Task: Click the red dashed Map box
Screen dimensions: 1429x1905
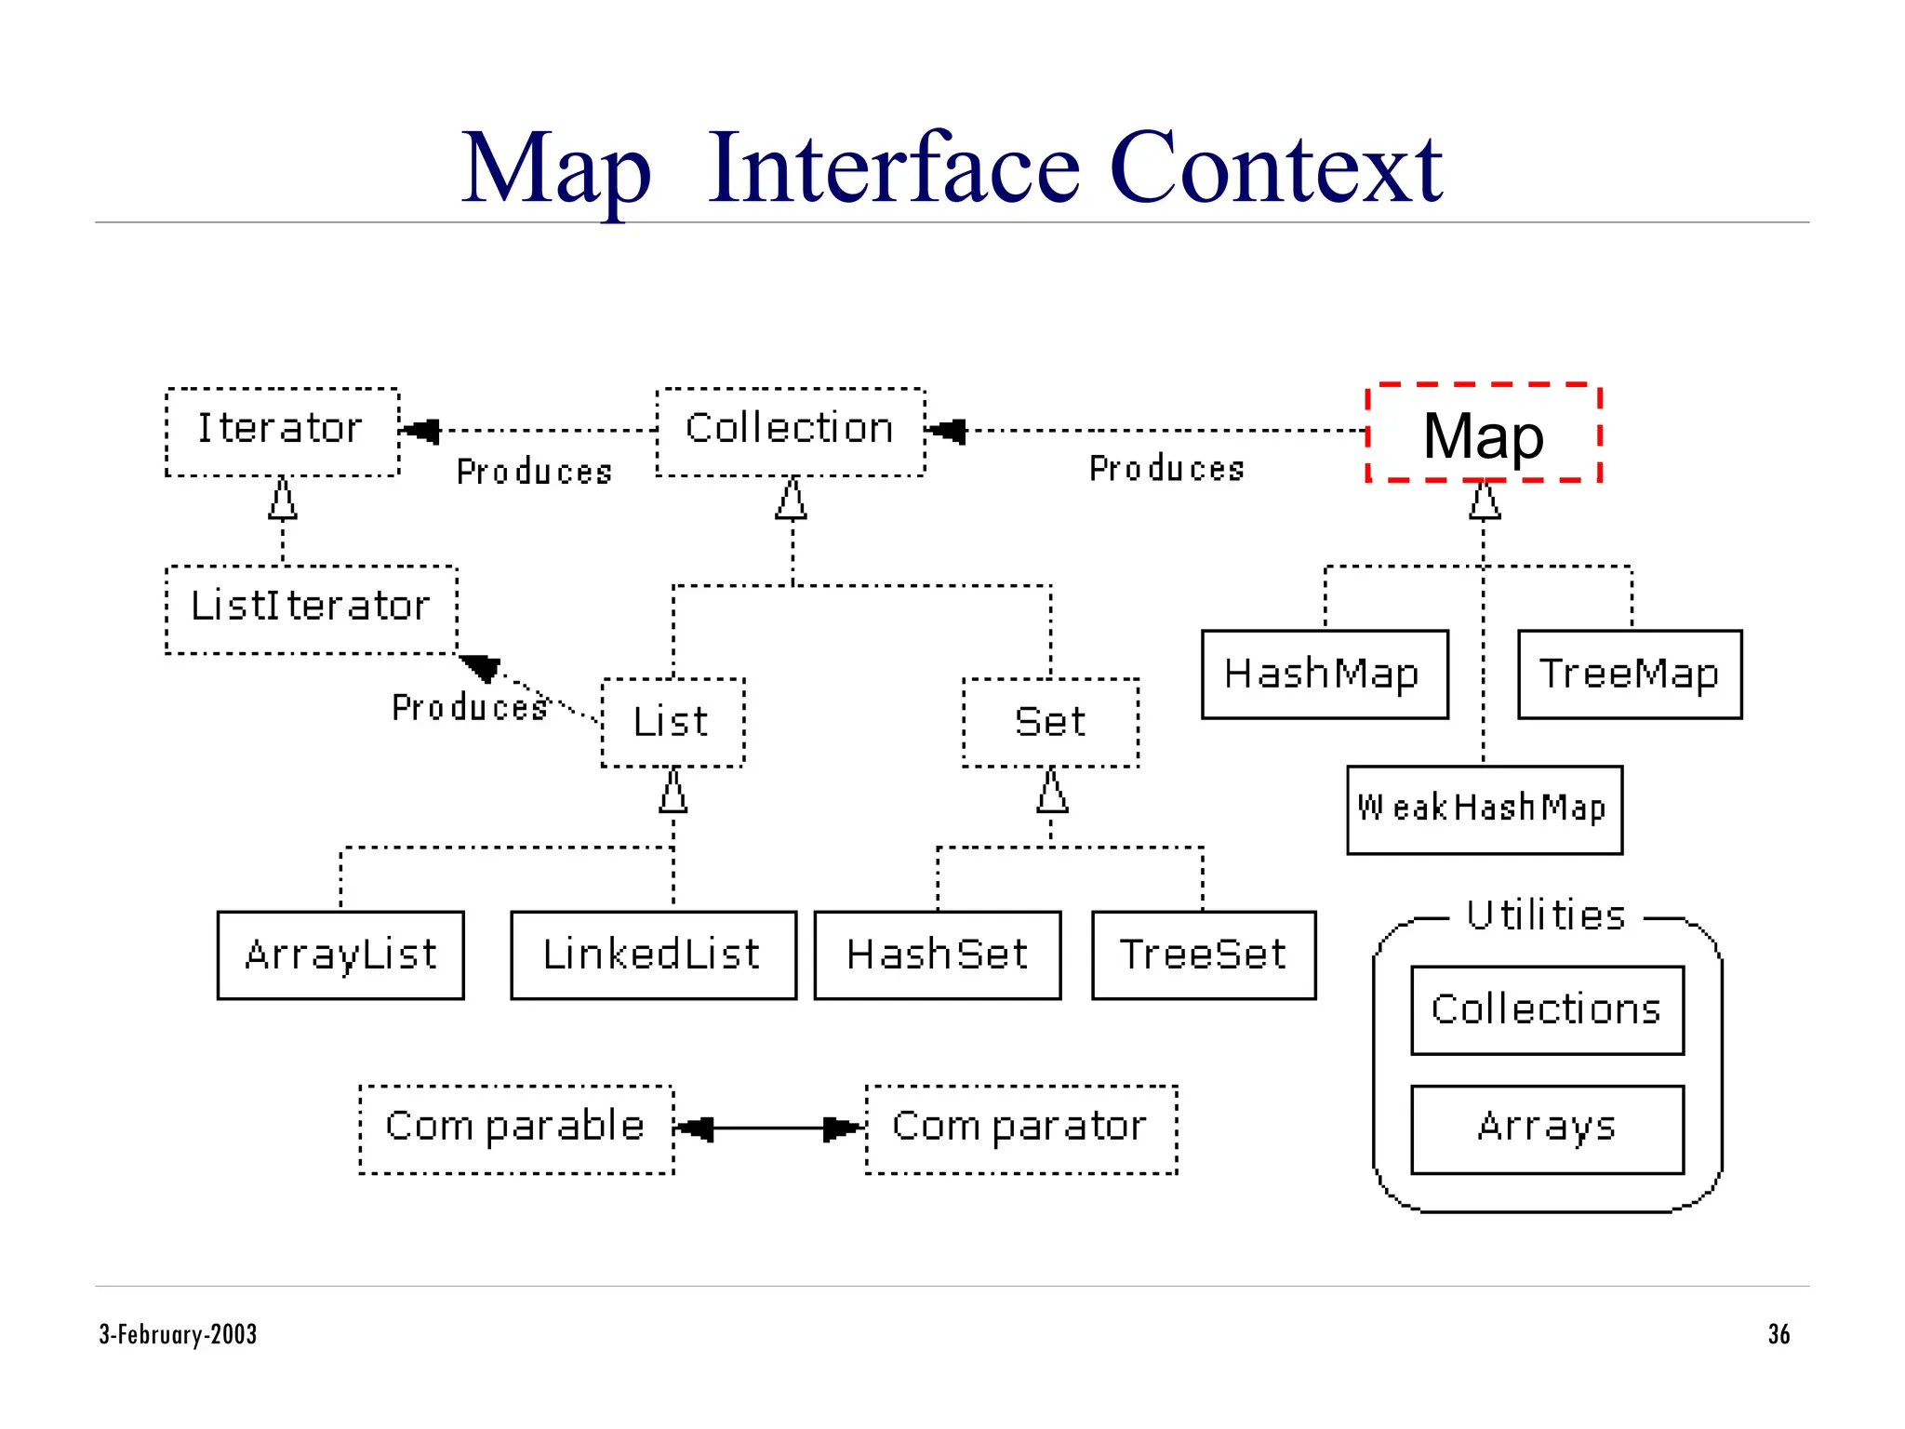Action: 1483,434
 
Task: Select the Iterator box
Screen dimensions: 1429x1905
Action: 282,432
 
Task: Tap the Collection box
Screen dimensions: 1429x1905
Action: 790,432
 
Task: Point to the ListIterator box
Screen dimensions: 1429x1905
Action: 311,609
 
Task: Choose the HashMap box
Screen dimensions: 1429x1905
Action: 1324,674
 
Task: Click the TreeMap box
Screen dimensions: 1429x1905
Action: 1629,674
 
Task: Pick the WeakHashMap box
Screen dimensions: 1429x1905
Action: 1484,809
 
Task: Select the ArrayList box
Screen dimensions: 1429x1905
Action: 340,955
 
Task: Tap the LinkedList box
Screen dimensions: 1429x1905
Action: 653,955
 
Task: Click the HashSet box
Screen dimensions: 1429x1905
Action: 937,955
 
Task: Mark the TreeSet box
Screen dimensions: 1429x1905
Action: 1204,955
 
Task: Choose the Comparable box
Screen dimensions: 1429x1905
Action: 516,1129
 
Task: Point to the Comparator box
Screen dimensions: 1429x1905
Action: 1020,1129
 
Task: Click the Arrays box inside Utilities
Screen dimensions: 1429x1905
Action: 1547,1129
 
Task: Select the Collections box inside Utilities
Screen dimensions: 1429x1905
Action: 1547,1009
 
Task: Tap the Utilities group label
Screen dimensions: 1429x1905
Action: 1546,916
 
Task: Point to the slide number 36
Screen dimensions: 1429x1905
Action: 1778,1334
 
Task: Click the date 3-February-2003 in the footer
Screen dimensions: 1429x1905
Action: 178,1334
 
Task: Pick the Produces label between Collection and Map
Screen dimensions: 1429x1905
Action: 1166,469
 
